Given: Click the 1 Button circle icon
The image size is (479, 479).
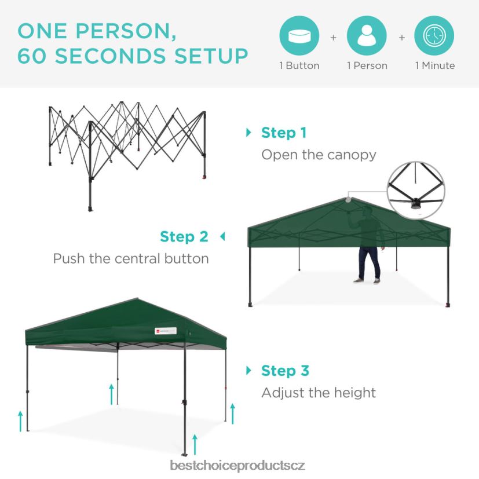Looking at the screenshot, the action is (299, 36).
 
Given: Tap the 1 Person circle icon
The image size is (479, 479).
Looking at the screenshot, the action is (367, 36).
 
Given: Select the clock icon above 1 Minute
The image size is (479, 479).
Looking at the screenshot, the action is (434, 36).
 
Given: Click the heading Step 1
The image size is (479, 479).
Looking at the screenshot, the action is (284, 133).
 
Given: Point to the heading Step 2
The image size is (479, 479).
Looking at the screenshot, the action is (184, 237).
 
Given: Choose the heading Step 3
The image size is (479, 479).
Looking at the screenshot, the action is (286, 371).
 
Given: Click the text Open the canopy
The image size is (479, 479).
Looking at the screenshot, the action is (319, 155).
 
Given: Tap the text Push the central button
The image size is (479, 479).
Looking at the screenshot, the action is (131, 259).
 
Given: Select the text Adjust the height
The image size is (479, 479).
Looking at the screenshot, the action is (319, 393).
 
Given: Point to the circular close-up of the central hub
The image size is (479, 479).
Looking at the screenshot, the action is (416, 190).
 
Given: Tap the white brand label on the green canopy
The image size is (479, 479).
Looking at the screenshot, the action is (166, 331).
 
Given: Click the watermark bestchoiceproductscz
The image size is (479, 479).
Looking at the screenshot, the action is (237, 466).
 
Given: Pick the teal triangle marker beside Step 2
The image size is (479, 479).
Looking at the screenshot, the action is (222, 236).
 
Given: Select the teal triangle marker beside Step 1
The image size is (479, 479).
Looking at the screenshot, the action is (248, 133).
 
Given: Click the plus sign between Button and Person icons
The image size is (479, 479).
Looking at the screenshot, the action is (333, 38).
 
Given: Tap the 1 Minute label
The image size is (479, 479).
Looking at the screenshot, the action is (435, 65).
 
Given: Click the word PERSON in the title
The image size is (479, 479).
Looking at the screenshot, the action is (126, 31).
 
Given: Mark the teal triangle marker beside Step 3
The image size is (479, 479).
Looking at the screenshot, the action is (248, 371).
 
